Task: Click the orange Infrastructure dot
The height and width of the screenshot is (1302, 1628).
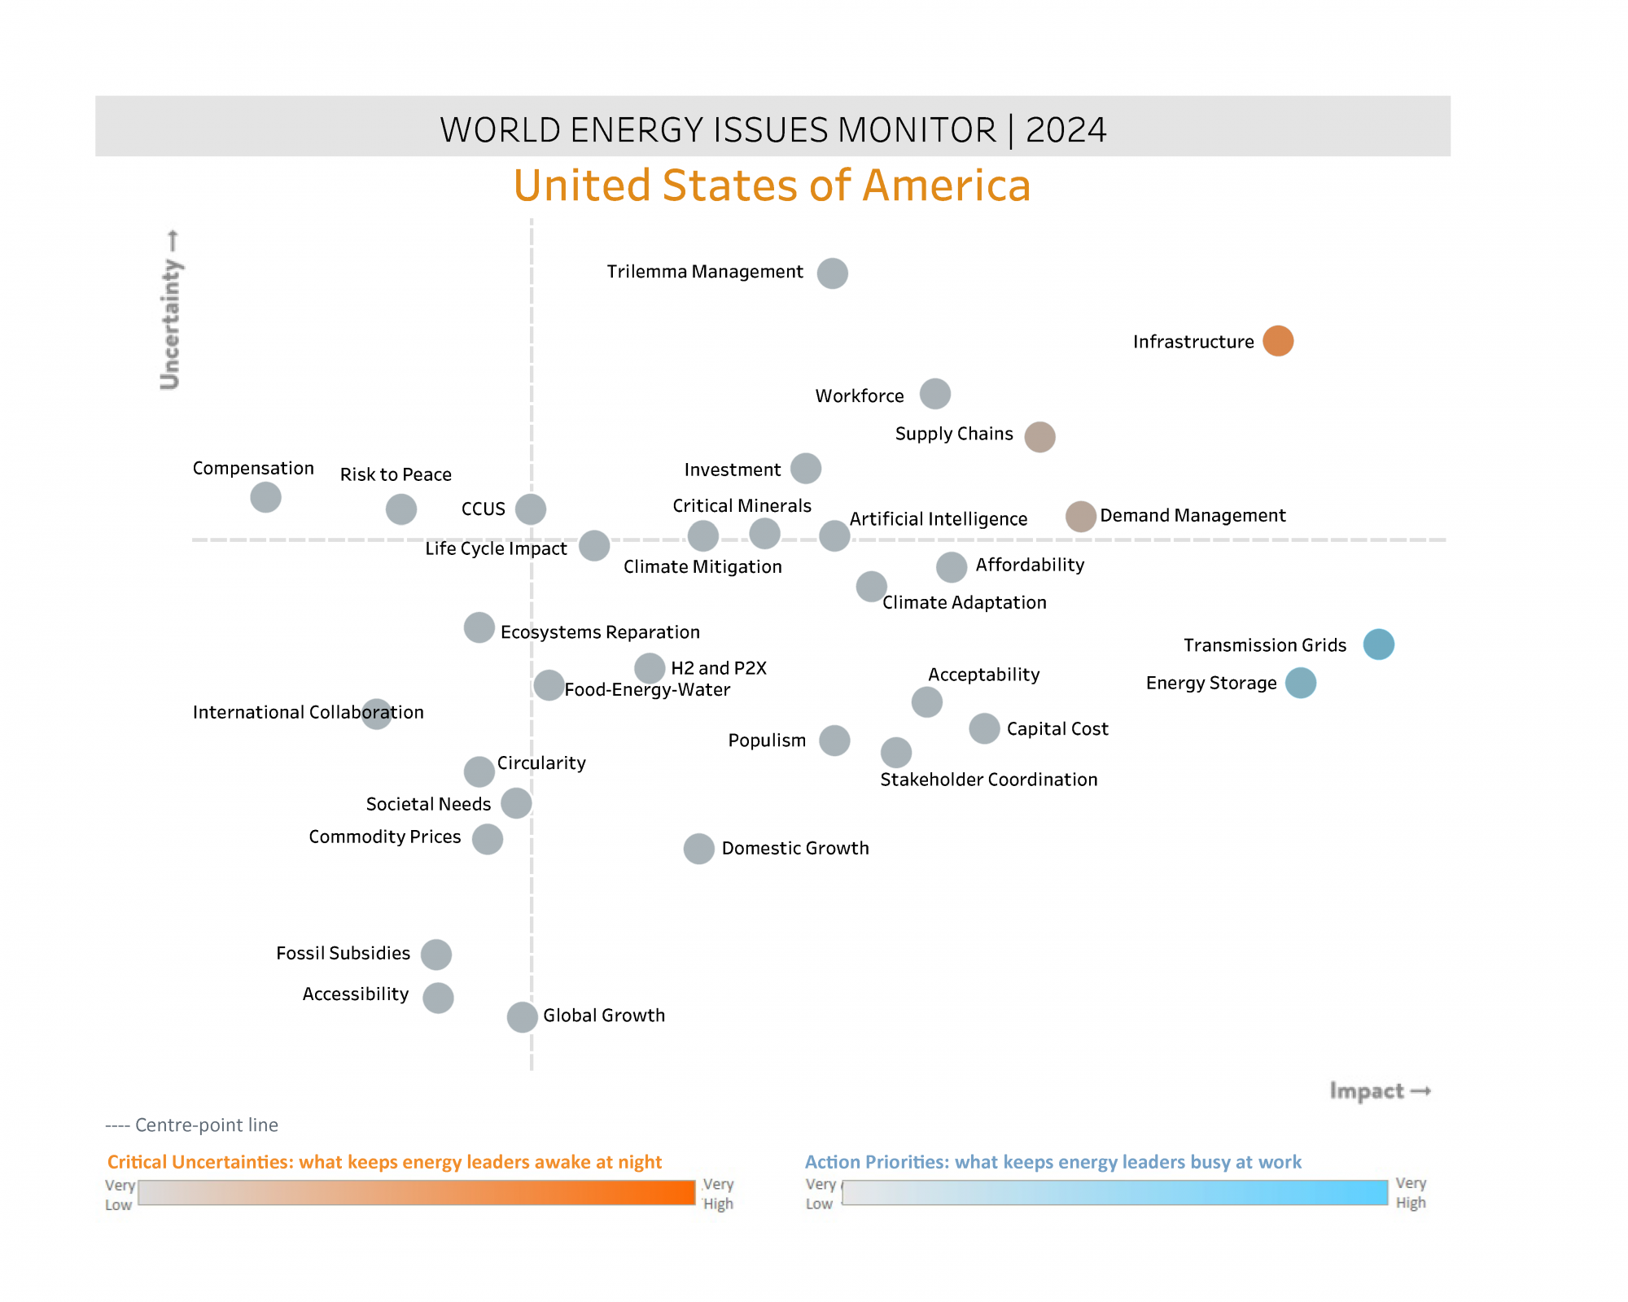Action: click(x=1278, y=341)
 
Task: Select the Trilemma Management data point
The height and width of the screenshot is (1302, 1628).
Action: click(x=832, y=273)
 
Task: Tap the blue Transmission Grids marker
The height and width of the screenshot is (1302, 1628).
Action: click(x=1378, y=644)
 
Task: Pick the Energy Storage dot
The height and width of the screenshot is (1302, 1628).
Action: click(x=1300, y=683)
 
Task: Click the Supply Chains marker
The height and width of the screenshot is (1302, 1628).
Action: click(x=1039, y=437)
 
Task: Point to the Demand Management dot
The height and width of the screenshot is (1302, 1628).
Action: click(x=1080, y=516)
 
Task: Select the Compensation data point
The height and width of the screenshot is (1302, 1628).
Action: click(x=265, y=497)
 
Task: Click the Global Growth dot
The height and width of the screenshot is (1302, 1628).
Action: click(x=522, y=1016)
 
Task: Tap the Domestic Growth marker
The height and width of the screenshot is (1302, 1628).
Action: click(x=698, y=849)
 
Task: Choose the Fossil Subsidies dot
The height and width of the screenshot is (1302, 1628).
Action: click(x=435, y=955)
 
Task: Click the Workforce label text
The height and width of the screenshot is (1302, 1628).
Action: click(x=859, y=396)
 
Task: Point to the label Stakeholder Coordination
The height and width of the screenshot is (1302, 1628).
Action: click(x=988, y=780)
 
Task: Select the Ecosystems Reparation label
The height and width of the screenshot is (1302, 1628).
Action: click(x=600, y=632)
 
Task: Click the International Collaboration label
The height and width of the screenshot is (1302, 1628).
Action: click(x=308, y=713)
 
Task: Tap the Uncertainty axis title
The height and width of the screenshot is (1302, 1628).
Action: click(x=171, y=309)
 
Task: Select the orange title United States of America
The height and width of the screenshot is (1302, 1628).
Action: click(x=772, y=186)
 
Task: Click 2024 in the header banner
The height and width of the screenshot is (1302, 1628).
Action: click(x=1066, y=130)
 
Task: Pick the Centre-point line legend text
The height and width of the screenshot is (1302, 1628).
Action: click(x=192, y=1125)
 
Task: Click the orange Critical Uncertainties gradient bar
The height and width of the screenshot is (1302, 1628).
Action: click(x=416, y=1193)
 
